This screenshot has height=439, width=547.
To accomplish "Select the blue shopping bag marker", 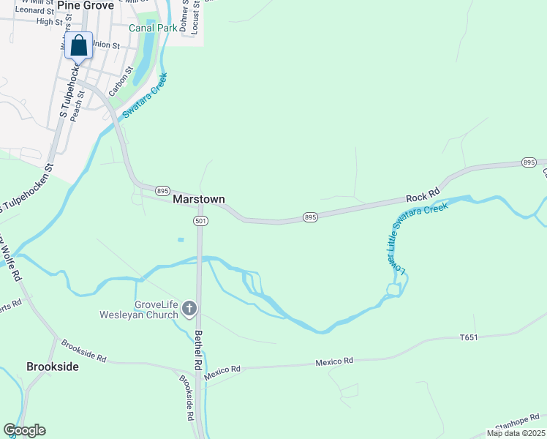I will (x=79, y=47).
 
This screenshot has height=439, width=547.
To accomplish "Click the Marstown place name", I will (x=198, y=199).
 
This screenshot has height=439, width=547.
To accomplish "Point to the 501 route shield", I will (x=200, y=220).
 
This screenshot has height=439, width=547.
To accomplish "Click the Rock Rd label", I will (x=421, y=198).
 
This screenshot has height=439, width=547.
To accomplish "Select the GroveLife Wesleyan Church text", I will (x=139, y=309).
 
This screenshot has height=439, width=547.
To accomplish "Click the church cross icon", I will (x=189, y=309).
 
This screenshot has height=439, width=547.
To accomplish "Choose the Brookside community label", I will (x=53, y=367).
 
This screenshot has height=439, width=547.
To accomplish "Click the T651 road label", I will (x=469, y=337).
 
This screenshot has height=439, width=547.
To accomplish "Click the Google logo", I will (x=24, y=430).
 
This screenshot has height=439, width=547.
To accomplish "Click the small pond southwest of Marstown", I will (x=180, y=239).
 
